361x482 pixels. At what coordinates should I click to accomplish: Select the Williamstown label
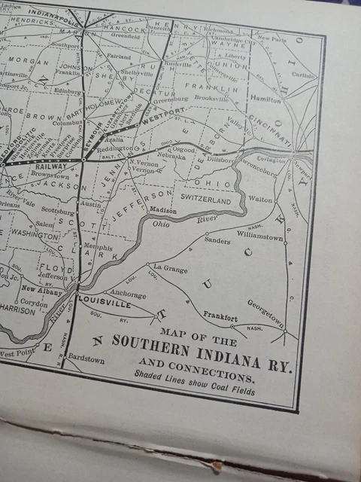pyautogui.click(x=261, y=236)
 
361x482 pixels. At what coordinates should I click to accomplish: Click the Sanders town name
pyautogui.click(x=217, y=241)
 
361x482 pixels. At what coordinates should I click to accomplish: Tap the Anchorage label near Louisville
pyautogui.click(x=129, y=294)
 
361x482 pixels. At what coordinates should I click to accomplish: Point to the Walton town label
pyautogui.click(x=260, y=200)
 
